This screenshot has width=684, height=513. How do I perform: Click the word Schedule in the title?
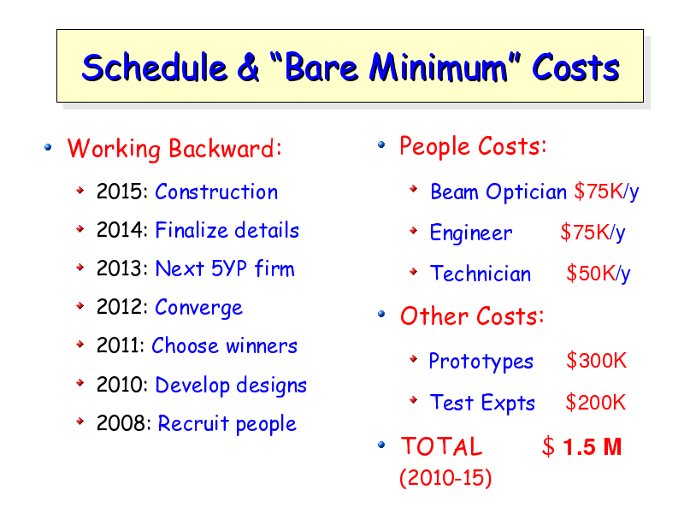155,68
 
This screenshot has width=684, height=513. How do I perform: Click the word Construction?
216,192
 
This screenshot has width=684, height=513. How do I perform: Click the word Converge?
199,308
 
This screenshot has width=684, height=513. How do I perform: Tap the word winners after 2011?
262,345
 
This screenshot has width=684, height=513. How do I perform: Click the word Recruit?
193,422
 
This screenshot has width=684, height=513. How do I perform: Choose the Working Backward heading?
174,149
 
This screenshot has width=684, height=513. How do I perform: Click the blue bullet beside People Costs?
381,144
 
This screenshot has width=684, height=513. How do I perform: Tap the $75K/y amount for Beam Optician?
606,191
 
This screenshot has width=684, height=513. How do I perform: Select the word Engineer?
471,233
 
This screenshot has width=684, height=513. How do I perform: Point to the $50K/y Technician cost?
598,274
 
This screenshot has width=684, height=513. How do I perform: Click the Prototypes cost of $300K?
596,361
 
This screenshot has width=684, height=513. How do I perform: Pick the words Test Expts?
482,402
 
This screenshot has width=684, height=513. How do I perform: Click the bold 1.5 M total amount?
592,446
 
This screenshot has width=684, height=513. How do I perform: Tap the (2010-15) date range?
445,478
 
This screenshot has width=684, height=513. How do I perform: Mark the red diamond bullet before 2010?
80,382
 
